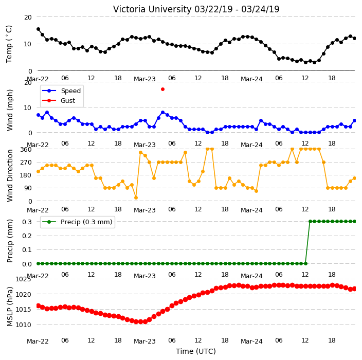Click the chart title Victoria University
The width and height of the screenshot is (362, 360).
coord(152,9)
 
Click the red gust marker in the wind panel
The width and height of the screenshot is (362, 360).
coord(163,89)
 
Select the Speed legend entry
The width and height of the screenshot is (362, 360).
coord(61,91)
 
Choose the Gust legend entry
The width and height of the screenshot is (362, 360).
coord(59,100)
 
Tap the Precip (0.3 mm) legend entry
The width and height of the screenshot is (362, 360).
coord(77,222)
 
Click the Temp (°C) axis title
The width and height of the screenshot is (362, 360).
coord(9,44)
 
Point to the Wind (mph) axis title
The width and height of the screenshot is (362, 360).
coord(10,110)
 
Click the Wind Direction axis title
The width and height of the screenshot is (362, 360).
coord(10,175)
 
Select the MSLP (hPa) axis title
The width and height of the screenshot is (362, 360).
coord(10,306)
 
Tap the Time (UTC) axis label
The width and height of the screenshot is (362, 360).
coord(196,351)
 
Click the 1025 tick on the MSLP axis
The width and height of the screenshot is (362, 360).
coord(23,279)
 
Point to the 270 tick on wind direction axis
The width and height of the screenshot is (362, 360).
coord(26,163)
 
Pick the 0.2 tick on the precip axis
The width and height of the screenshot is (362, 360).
coord(27,236)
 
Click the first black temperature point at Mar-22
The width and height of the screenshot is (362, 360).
coord(39,29)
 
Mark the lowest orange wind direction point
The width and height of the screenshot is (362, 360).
coord(136,197)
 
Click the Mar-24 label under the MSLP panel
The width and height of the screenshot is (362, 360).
coord(251,341)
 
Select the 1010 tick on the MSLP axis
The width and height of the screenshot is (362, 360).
coord(23,325)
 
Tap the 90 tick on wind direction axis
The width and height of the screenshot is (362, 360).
coord(28,188)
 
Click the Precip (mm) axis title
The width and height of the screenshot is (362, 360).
coord(10,241)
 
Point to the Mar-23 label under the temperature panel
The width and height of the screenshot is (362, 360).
coord(145,79)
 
